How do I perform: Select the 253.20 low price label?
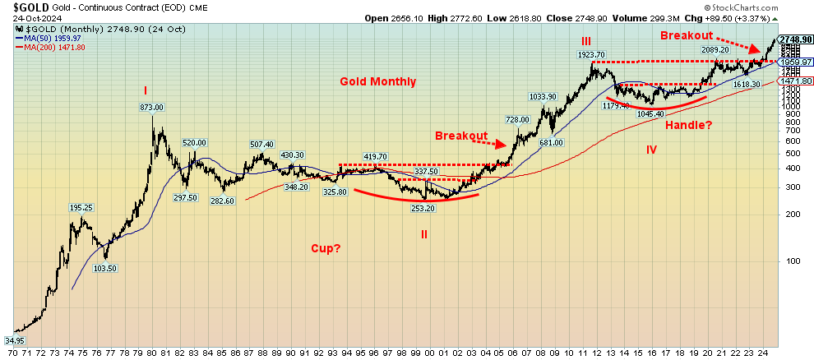(x=423, y=208)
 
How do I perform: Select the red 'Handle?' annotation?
(x=690, y=125)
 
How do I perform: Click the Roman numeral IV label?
(x=651, y=150)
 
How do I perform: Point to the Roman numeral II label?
(x=424, y=233)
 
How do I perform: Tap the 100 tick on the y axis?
(x=784, y=261)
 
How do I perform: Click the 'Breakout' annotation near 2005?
(x=461, y=136)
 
